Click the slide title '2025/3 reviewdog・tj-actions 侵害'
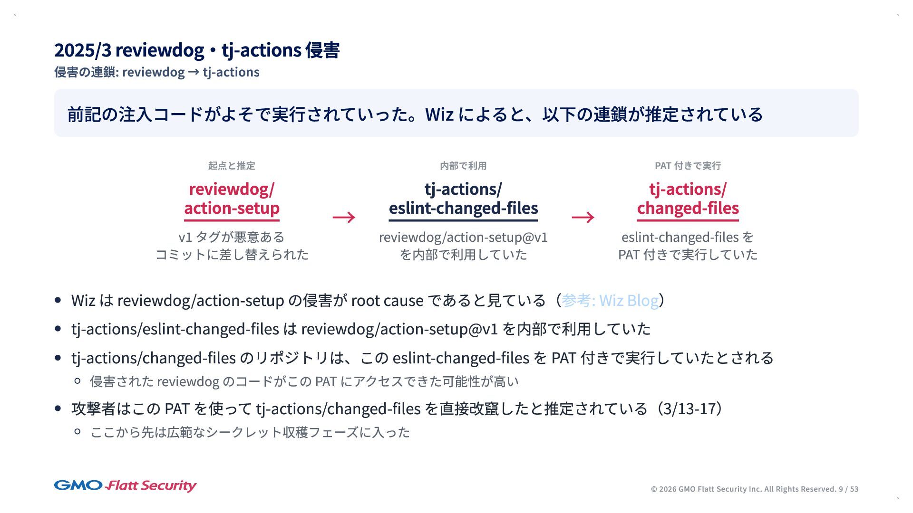(x=197, y=50)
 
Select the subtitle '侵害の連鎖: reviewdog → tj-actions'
(x=157, y=72)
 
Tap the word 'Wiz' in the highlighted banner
(x=439, y=114)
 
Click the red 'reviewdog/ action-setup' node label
(x=232, y=199)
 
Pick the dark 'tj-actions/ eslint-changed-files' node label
(x=463, y=199)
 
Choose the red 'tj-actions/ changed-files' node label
(x=688, y=199)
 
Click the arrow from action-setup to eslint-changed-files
(x=344, y=217)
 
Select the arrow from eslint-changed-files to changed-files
(x=583, y=217)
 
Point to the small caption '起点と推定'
(x=232, y=166)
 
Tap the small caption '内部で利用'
(x=463, y=166)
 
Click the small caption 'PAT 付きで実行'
(x=688, y=166)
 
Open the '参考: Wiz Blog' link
(x=610, y=301)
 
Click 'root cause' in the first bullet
(x=387, y=301)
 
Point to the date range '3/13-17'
(x=689, y=408)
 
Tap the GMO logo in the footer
(x=78, y=485)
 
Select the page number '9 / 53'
(x=848, y=489)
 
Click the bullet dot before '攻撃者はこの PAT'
(x=58, y=408)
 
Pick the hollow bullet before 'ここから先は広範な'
(x=78, y=432)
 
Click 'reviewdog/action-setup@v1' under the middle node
(x=463, y=237)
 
